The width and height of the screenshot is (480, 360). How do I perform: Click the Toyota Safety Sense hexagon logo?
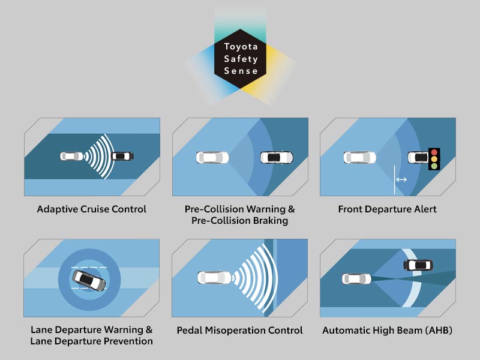tap(241, 59)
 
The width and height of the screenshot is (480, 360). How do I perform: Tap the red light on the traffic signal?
tap(434, 152)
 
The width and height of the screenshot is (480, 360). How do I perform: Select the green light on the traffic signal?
tap(434, 166)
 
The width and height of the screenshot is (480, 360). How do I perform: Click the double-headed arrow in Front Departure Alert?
tap(401, 179)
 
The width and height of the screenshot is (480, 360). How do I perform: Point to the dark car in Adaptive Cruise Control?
tap(122, 156)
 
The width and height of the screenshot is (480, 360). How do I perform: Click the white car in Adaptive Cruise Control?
tap(71, 156)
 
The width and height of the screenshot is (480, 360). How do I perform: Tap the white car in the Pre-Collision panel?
tap(212, 157)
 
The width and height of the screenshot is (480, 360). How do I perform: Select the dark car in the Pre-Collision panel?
tap(277, 157)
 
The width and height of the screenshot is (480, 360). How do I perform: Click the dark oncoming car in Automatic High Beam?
tap(418, 265)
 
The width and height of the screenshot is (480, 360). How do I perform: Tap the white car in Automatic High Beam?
tap(354, 278)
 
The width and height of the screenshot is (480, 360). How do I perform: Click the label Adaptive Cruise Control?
tap(92, 209)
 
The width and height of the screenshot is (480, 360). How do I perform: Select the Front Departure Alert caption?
tap(388, 209)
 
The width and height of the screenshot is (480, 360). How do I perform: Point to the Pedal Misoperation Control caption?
tap(240, 331)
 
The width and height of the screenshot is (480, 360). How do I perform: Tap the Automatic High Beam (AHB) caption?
tap(388, 331)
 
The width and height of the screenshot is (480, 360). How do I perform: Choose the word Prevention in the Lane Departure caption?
tap(128, 341)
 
